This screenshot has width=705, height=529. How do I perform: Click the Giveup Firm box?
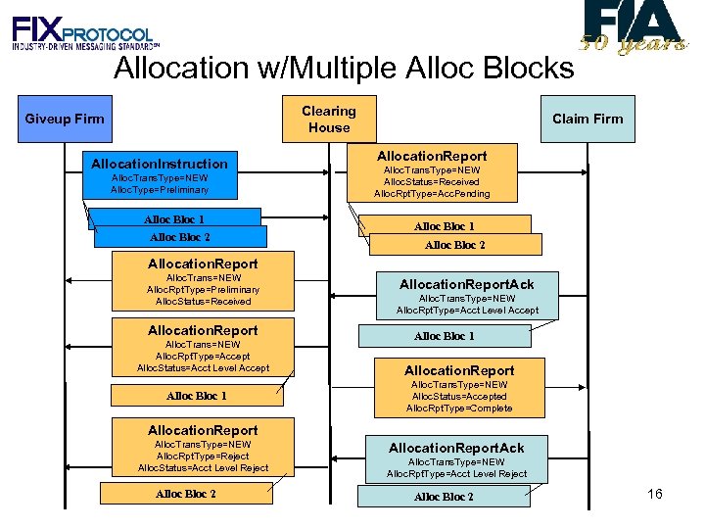65,119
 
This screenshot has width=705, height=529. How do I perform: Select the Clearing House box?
329,119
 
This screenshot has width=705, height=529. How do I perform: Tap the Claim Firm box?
587,119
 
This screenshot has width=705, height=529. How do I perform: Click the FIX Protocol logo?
83,34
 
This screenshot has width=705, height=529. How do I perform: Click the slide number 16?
655,494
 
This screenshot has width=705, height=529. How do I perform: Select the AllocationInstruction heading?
159,164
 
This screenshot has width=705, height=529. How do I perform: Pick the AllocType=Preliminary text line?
160,189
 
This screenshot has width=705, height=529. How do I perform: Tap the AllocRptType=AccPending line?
432,194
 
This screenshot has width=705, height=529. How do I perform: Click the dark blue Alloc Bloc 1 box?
174,218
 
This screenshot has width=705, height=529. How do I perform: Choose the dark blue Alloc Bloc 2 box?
180,237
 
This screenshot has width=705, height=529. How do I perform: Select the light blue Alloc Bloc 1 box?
445,336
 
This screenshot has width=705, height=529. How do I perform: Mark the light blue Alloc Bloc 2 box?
444,497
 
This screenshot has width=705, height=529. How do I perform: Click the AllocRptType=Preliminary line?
203,289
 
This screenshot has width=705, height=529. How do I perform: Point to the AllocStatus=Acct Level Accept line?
203,367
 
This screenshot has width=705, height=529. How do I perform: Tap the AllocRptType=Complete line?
459,409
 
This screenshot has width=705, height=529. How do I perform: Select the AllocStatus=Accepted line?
459,397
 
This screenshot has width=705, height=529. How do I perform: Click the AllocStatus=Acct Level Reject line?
203,468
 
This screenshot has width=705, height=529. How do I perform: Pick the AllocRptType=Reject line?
203,457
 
